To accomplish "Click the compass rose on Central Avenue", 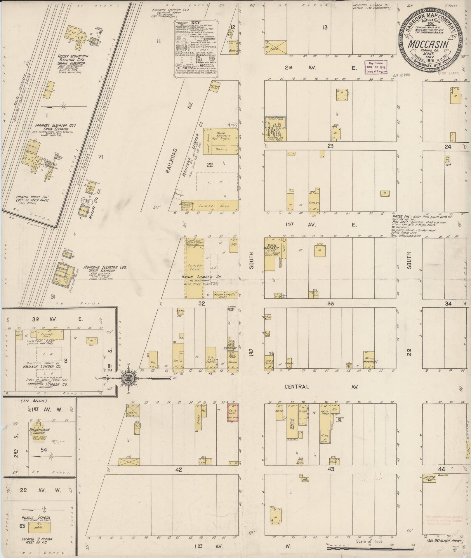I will (x=128, y=378).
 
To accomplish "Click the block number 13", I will (x=325, y=28).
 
